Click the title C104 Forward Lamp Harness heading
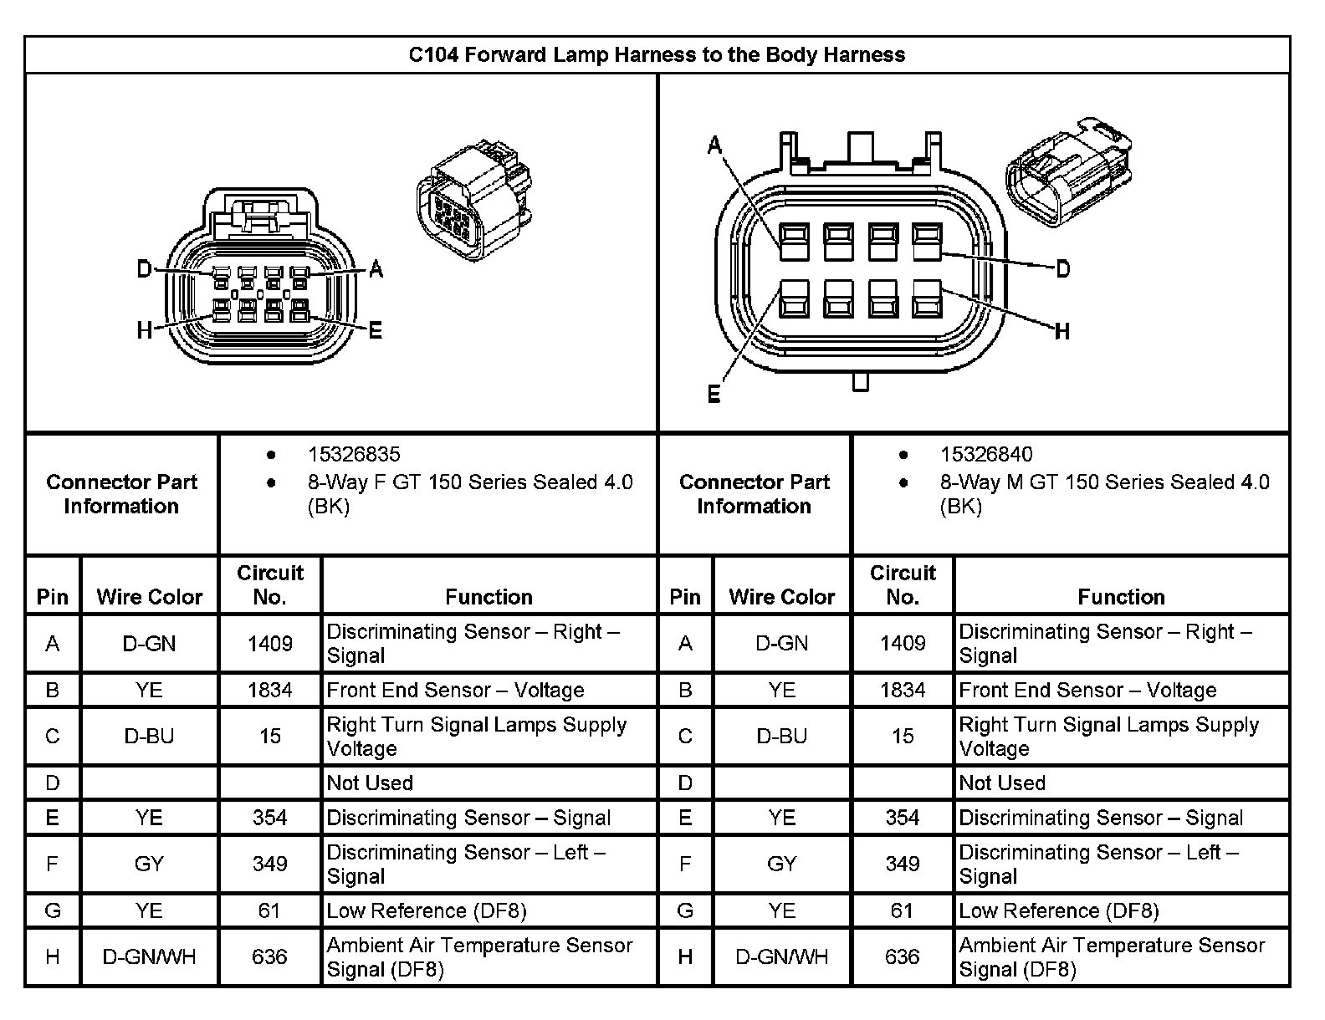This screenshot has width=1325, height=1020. pyautogui.click(x=657, y=55)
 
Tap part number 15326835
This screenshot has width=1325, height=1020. pyautogui.click(x=354, y=455)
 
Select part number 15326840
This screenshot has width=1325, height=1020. pyautogui.click(x=986, y=455)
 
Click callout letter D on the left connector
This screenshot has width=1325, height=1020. pyautogui.click(x=145, y=269)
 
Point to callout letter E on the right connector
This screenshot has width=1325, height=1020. pyautogui.click(x=714, y=394)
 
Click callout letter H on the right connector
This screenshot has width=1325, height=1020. pyautogui.click(x=1062, y=332)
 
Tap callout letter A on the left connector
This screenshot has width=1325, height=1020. pyautogui.click(x=376, y=269)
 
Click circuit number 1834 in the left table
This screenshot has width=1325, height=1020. pyautogui.click(x=270, y=691)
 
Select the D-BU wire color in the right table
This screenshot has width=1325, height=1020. pyautogui.click(x=782, y=737)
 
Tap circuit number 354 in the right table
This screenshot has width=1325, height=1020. pyautogui.click(x=903, y=818)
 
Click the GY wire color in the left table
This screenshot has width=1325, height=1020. pyautogui.click(x=149, y=864)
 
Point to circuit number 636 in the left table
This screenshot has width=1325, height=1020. pyautogui.click(x=269, y=957)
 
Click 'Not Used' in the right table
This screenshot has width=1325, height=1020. pyautogui.click(x=1002, y=783)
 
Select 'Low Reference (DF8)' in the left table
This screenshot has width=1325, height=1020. pyautogui.click(x=427, y=910)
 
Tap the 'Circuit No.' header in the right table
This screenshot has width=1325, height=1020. pyautogui.click(x=903, y=585)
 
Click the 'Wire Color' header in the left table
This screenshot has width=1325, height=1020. pyautogui.click(x=150, y=597)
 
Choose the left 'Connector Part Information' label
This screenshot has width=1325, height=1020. pyautogui.click(x=122, y=494)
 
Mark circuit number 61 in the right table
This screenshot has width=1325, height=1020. pyautogui.click(x=902, y=910)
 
